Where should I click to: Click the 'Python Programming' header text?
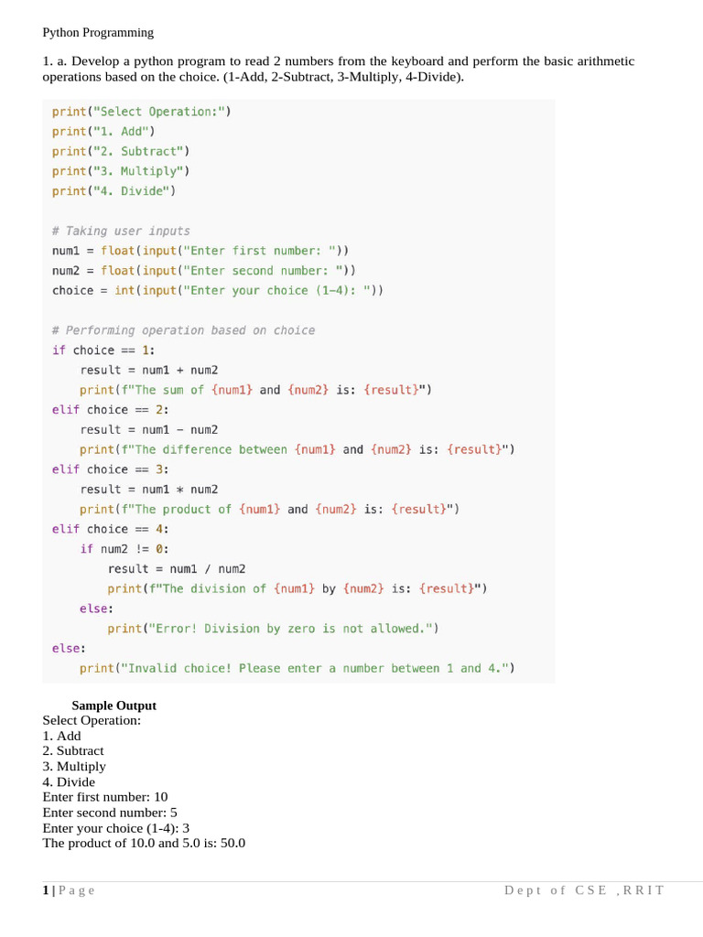[98, 33]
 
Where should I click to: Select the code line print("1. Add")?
[103, 131]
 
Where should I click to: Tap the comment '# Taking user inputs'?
[121, 231]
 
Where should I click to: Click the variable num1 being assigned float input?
[67, 251]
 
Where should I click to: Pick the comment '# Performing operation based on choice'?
[183, 330]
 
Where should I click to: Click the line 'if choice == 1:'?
[103, 350]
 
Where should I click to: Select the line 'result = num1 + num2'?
[149, 370]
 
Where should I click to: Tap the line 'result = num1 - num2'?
[149, 429]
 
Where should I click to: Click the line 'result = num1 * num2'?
[149, 490]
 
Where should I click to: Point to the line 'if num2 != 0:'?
[124, 549]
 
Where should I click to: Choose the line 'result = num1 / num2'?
[177, 569]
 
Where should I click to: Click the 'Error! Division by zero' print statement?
[273, 629]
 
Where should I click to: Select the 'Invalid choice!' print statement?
[297, 669]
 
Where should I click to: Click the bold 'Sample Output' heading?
[114, 705]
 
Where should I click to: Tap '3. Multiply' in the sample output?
[74, 767]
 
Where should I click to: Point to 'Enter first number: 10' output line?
[105, 797]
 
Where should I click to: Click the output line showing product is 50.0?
[144, 843]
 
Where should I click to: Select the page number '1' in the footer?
[46, 890]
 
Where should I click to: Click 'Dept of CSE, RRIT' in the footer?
[584, 890]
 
